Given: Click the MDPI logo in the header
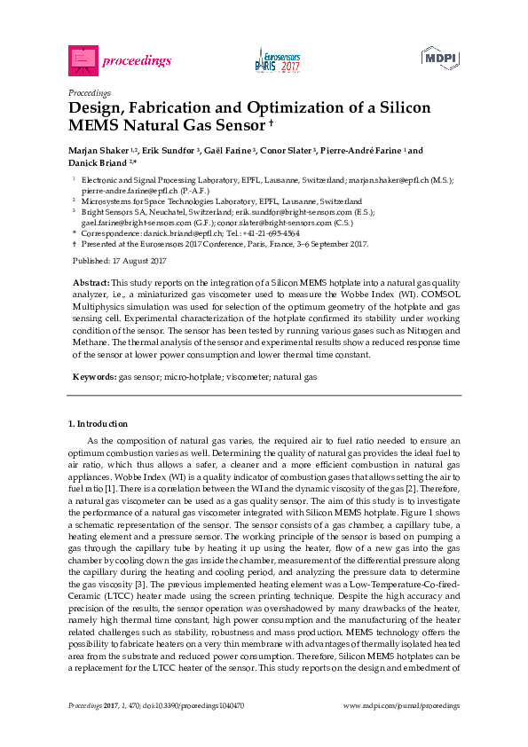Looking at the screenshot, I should point(441,59).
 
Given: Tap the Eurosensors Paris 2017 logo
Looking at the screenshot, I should point(277,59).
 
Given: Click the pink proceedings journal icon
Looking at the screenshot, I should point(82,59).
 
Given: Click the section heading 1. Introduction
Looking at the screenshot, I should point(98,424).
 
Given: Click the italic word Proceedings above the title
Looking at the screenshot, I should point(89,92).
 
